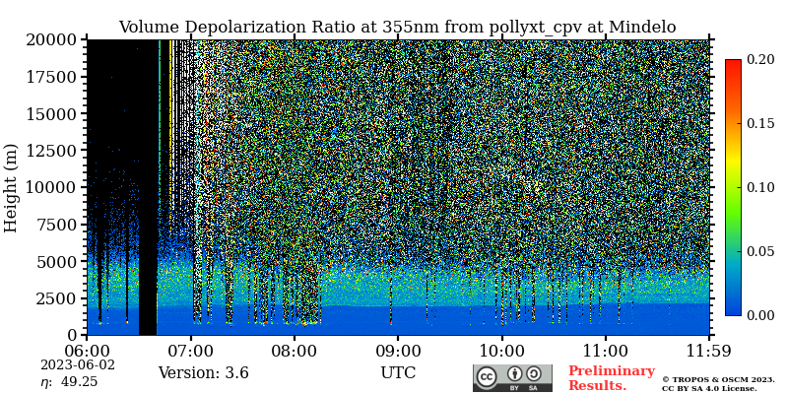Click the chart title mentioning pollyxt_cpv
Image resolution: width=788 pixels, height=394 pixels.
point(397,27)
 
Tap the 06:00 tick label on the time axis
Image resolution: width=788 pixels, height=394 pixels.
point(87,350)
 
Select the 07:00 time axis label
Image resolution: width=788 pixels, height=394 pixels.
point(190,350)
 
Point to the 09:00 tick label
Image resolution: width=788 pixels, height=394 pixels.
point(398,350)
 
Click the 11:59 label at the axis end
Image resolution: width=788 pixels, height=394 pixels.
point(709,350)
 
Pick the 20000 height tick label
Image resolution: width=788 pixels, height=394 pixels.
point(52,40)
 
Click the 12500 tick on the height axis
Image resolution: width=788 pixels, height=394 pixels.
point(52,151)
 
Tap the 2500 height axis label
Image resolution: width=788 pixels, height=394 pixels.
point(57,298)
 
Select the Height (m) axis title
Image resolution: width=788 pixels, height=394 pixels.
point(12,187)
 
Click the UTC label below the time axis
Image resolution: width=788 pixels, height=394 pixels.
point(398,373)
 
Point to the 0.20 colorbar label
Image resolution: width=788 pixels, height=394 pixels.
point(759,60)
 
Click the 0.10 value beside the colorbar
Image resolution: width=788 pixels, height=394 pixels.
point(759,187)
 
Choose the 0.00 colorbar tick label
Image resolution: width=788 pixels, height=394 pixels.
point(759,315)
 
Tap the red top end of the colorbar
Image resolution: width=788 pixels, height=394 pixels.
point(733,65)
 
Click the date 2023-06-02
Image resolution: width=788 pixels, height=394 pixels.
point(78,364)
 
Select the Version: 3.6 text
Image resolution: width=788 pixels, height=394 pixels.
point(203,373)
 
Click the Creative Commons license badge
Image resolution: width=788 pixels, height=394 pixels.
point(512,378)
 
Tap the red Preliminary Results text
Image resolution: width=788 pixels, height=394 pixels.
point(611,378)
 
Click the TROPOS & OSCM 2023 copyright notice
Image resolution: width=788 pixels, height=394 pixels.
point(717,379)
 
